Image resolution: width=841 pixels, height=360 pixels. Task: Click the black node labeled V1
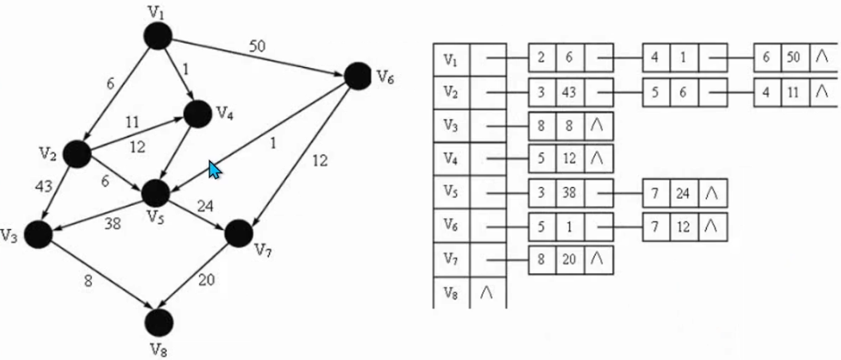coord(158,35)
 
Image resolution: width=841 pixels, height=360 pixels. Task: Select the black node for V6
coord(356,76)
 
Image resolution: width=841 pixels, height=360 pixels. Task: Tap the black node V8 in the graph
coord(159,322)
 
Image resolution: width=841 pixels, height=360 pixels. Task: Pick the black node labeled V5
coord(155,192)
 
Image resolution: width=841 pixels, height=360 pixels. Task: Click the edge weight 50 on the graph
coord(256,46)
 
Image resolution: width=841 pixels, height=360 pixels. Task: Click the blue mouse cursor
coord(214,169)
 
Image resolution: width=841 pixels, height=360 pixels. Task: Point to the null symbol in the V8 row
coord(487,293)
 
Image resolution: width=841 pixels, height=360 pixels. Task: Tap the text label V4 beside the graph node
coord(224,112)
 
